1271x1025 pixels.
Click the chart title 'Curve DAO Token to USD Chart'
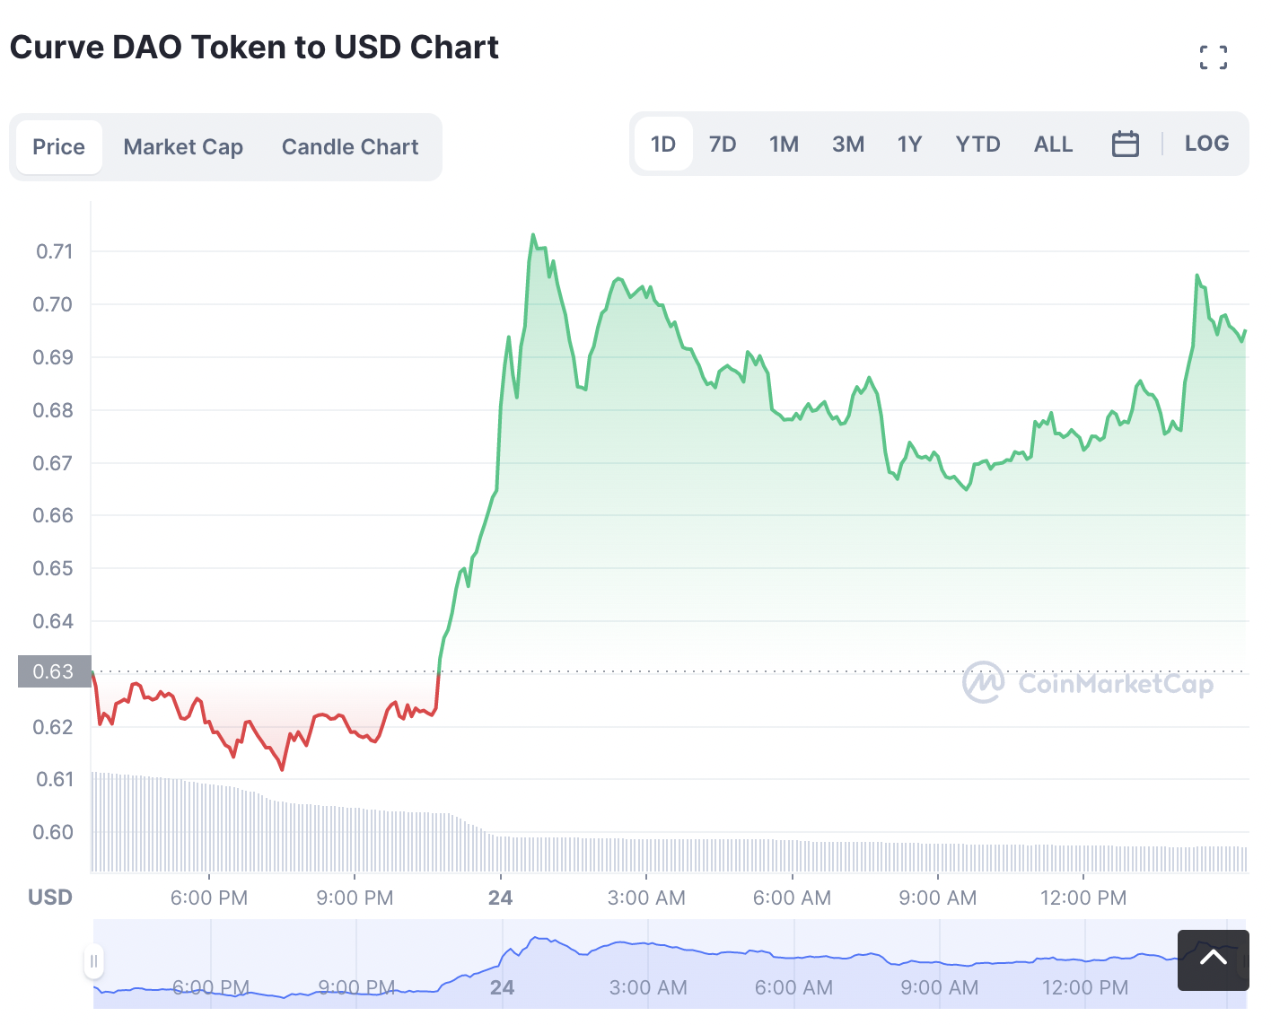tap(254, 48)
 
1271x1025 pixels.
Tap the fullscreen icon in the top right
tap(1214, 57)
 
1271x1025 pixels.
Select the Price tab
tap(59, 146)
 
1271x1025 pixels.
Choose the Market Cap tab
tap(183, 146)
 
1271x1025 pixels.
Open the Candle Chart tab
tap(350, 146)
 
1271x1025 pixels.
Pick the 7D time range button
tap(723, 144)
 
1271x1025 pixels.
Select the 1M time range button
tap(784, 144)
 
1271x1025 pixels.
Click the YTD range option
tap(978, 144)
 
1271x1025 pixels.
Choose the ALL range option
tap(1053, 144)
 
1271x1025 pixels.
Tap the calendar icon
tap(1125, 145)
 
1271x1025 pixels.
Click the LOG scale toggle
tap(1206, 143)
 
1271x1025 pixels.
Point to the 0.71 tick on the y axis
tap(55, 251)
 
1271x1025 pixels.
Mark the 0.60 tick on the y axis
tap(53, 832)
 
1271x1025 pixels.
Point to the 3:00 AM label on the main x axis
tap(646, 898)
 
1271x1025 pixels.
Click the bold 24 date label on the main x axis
tap(500, 898)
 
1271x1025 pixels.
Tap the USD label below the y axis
tap(50, 897)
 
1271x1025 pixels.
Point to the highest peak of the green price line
tap(533, 234)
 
